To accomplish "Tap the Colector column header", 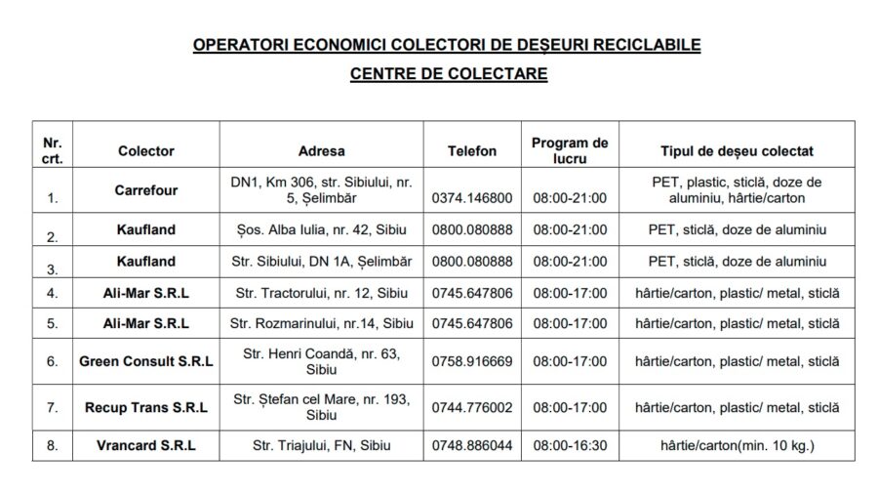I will pos(146,151).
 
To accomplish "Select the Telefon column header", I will pos(472,151).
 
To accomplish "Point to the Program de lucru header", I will pos(570,150).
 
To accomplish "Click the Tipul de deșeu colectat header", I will pos(737,151).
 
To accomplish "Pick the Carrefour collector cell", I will pos(146,190).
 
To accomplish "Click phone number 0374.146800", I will pos(472,198).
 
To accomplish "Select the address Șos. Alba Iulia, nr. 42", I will pos(321,230).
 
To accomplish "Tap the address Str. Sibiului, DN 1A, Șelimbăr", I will pos(321,262).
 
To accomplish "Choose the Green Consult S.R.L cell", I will pos(146,360).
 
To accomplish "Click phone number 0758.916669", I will pos(472,360).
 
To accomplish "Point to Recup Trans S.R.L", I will pos(146,407).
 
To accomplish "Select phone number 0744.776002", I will pos(472,407).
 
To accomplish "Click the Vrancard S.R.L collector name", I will pos(146,445).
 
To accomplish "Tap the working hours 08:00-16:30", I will pos(570,445).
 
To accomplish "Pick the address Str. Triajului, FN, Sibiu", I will pos(321,445).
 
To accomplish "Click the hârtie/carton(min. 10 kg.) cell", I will pos(737,445).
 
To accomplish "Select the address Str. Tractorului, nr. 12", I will pos(321,293).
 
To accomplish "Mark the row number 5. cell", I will pos(53,323).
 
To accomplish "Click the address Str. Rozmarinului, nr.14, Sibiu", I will pos(321,323).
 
